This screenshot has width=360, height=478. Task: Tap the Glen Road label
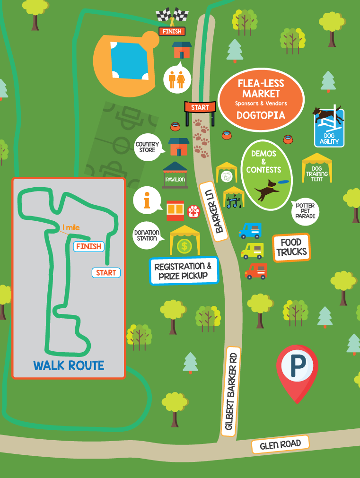click(x=280, y=444)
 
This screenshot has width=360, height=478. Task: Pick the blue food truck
click(x=250, y=231)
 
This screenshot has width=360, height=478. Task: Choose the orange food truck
click(x=256, y=271)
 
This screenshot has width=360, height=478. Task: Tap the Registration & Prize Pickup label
click(x=184, y=271)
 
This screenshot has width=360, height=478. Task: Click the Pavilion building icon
click(x=175, y=175)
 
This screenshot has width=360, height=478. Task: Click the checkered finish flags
click(x=172, y=15)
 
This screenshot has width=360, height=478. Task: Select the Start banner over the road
click(x=200, y=107)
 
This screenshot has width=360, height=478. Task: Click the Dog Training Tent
click(x=317, y=169)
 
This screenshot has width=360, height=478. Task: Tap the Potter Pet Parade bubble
click(x=305, y=210)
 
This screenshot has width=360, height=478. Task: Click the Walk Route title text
click(x=69, y=365)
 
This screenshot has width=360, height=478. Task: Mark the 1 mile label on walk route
click(x=71, y=228)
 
